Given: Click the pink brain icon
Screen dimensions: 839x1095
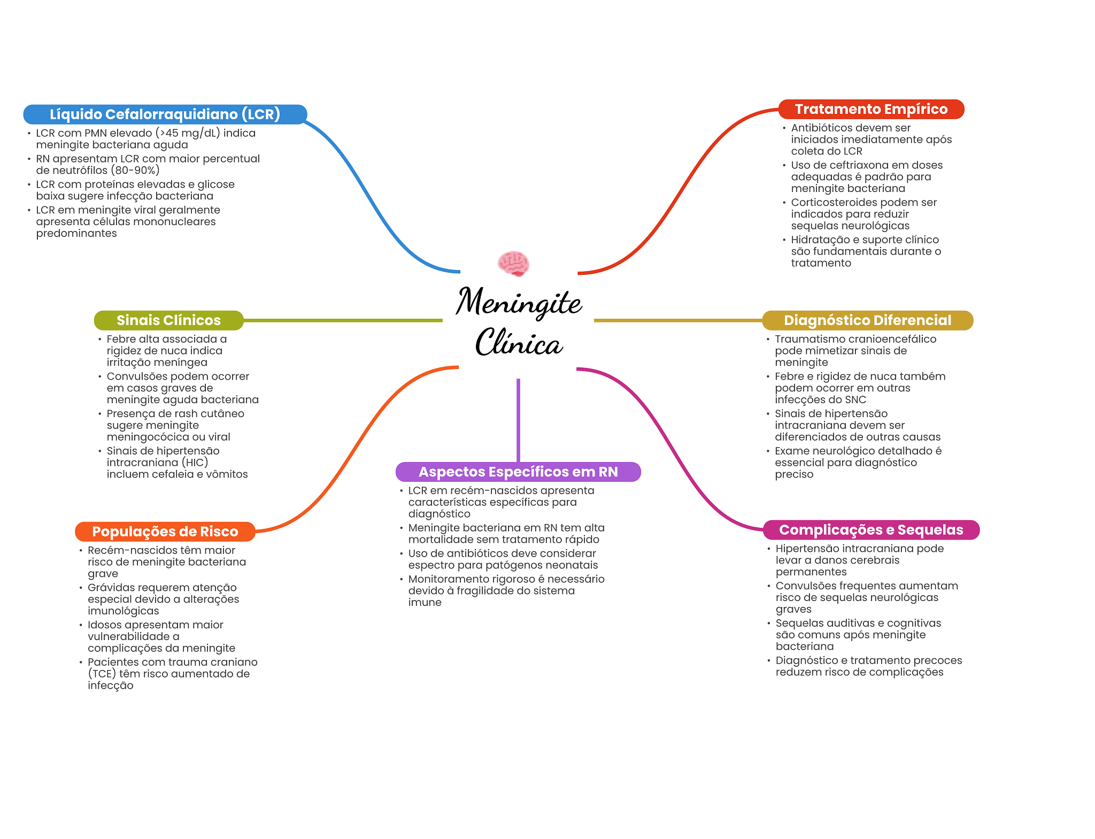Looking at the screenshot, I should coord(513,263).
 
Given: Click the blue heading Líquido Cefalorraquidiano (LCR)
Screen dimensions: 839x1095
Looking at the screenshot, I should coord(165,114).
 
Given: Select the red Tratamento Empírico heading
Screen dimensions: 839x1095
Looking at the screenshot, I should coord(871,109).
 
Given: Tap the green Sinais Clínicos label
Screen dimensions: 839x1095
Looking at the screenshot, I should coord(168,320).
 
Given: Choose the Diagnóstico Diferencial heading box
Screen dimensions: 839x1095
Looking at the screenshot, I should coord(867,320).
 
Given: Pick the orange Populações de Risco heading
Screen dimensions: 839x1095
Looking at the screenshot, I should coord(165,532).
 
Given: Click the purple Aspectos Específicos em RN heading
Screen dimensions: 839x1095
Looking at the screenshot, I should coord(518,472).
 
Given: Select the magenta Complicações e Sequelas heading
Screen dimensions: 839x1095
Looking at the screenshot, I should coord(871,530).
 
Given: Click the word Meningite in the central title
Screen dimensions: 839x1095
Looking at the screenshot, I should coord(519,302).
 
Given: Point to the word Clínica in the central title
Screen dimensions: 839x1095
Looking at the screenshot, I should coord(519,342).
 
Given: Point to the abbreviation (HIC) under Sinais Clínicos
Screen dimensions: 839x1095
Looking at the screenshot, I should coord(195,463).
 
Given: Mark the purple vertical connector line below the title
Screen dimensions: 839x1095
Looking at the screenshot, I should coord(518,420).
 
